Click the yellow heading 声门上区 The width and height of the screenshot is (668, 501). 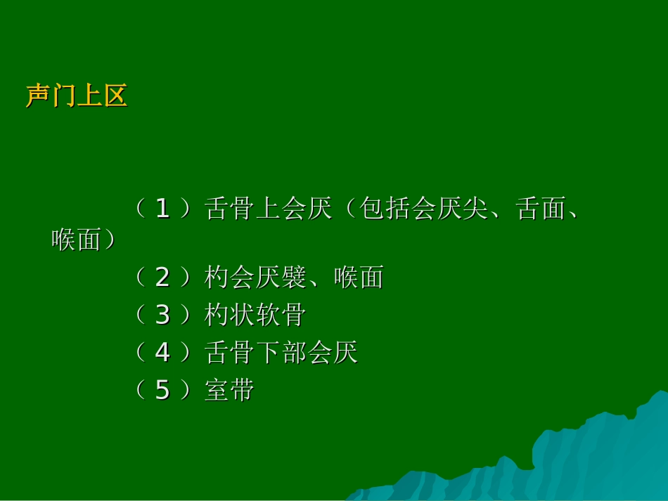77,96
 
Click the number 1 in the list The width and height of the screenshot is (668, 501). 162,209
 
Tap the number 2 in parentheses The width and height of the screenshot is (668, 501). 162,278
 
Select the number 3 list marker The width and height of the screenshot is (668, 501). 162,315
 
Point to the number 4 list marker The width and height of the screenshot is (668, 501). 162,352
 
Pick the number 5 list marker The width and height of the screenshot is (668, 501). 162,390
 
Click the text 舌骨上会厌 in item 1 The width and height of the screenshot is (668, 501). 268,209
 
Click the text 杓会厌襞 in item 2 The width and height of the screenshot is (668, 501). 255,278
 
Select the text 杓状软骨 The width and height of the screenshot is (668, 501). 255,315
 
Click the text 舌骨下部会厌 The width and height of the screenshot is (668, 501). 281,352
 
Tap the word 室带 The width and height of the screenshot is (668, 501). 229,390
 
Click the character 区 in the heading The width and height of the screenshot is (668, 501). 115,96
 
